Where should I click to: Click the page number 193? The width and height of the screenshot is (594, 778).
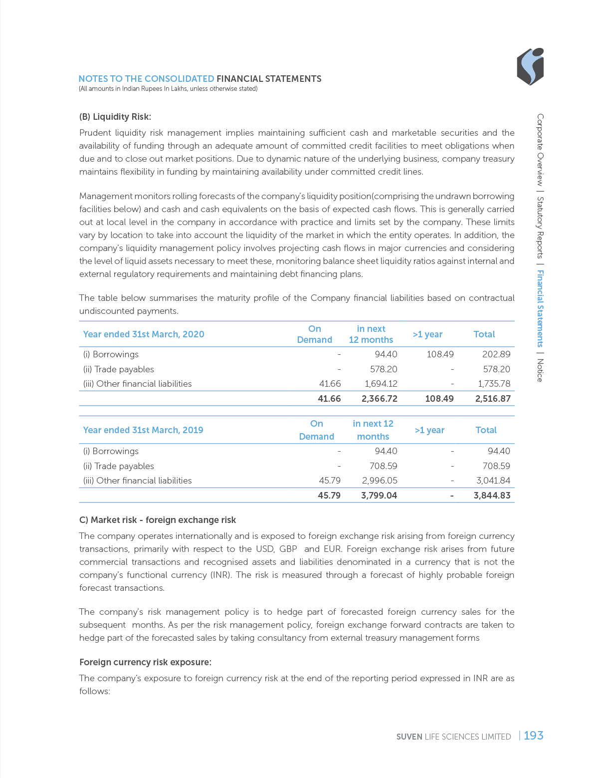coord(533,735)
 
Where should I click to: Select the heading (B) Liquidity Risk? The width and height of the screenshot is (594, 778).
coord(115,117)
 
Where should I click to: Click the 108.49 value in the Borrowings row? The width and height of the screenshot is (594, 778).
coord(440,354)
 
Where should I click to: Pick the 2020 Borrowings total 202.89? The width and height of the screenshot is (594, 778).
coord(496,354)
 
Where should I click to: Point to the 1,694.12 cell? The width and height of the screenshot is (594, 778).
coord(381,384)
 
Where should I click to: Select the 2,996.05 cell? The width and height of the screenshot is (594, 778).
coord(379,481)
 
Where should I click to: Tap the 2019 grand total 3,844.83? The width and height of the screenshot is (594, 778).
coord(491,496)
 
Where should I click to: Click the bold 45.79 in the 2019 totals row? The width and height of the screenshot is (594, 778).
coord(329,496)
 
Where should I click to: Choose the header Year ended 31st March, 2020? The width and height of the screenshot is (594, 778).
coord(144,334)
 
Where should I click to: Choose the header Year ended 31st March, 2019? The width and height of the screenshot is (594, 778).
coord(143,430)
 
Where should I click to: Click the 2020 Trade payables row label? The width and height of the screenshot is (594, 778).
coord(119,369)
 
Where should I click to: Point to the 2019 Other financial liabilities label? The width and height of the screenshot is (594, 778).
coord(137,481)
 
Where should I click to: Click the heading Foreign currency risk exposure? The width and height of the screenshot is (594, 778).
coord(145,662)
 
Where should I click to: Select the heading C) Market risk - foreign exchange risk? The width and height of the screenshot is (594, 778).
coord(158,520)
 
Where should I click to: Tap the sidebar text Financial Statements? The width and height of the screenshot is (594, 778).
coord(540,308)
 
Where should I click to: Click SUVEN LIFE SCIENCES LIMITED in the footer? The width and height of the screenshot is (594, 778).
coord(453,737)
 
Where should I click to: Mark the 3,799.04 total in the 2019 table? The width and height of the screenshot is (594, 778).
coord(379,496)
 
